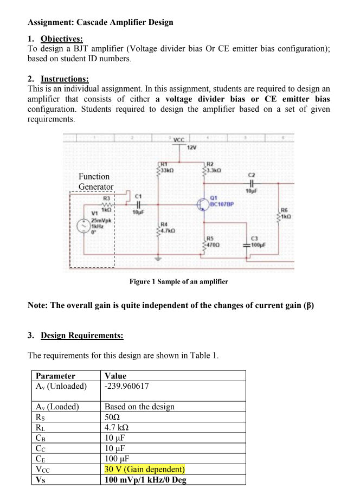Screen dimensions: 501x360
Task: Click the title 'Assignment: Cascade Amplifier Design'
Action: [100, 22]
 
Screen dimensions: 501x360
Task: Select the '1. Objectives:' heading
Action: [55, 38]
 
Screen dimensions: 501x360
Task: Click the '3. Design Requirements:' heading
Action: [75, 336]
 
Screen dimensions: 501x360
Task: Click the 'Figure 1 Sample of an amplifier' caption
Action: [179, 281]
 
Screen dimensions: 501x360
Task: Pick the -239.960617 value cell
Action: [127, 387]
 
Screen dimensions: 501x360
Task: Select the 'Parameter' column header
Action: [55, 376]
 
